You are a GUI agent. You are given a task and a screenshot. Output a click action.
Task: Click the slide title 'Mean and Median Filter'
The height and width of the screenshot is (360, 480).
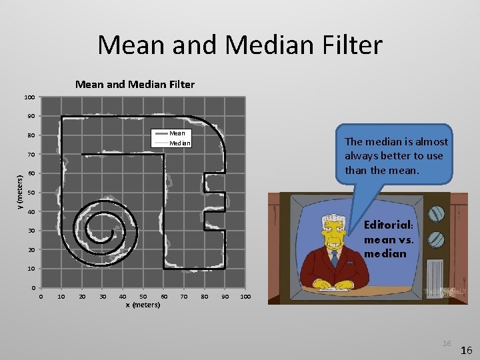[240, 45]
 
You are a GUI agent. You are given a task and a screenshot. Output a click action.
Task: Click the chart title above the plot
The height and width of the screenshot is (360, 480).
[135, 85]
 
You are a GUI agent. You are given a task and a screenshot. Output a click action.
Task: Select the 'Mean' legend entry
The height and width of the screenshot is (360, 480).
[177, 133]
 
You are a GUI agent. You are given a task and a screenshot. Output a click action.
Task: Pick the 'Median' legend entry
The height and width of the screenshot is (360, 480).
[179, 143]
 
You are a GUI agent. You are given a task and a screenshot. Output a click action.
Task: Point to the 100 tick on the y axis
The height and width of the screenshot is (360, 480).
[29, 98]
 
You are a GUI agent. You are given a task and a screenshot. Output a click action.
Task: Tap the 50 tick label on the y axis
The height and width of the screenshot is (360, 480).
[31, 193]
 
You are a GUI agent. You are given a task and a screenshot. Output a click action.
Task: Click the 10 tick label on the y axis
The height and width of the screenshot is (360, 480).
[31, 269]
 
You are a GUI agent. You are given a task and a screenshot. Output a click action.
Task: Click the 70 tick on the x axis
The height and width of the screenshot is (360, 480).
[184, 296]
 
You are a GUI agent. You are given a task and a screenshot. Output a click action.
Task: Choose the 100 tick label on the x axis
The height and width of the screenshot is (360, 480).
[245, 296]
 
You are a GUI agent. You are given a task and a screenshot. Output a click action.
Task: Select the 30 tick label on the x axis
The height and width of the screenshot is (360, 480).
[102, 296]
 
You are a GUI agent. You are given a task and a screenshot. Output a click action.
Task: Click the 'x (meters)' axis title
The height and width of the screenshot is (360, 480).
[143, 305]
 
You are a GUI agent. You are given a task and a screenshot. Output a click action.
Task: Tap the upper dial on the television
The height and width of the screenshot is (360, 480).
[436, 214]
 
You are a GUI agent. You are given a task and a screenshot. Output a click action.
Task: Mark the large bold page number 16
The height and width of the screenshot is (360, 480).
[467, 350]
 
